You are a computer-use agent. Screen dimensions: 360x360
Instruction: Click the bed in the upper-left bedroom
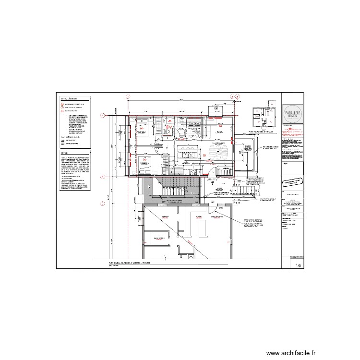coord(142,126)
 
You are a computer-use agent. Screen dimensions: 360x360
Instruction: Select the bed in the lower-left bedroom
coord(145,162)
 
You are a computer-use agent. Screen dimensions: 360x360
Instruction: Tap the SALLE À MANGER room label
coord(219,144)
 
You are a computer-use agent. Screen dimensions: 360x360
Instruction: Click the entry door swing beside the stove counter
coord(213,171)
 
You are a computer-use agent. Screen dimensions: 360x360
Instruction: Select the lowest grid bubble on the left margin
coord(102,203)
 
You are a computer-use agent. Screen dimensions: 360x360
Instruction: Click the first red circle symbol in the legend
coord(62,103)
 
